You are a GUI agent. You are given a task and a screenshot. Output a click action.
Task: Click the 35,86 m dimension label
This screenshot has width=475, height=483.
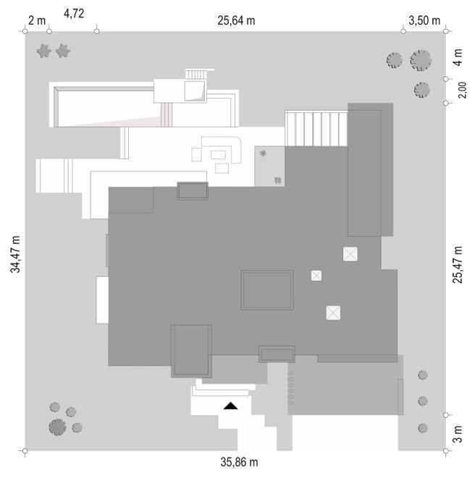[x=239, y=462]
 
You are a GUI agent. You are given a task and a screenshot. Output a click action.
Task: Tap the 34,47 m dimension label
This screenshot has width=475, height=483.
[x=15, y=254]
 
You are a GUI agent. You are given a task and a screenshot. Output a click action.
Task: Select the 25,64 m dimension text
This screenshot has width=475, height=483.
[x=236, y=21]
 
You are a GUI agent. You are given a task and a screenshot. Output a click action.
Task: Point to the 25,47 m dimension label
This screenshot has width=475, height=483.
[x=458, y=264]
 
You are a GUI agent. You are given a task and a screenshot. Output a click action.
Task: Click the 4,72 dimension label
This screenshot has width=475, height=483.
[x=74, y=14]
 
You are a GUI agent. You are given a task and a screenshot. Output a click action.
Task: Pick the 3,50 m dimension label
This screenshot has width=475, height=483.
[x=424, y=21]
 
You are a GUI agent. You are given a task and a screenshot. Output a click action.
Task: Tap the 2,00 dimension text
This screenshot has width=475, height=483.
[x=463, y=90]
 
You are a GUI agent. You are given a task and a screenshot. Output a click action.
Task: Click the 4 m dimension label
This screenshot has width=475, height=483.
[x=458, y=58]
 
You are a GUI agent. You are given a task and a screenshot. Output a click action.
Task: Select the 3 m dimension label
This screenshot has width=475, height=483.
[x=458, y=434]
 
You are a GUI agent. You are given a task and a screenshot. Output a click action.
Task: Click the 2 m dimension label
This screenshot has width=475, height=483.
[x=37, y=21]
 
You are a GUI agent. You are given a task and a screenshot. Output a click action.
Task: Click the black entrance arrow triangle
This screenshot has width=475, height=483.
[x=231, y=406]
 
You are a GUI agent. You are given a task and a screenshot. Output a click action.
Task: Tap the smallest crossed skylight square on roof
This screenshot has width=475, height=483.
[x=316, y=276]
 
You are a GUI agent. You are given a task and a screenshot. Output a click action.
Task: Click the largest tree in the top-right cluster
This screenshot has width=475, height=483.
[x=421, y=60]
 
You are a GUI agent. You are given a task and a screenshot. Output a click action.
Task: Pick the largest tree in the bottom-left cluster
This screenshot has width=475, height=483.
[x=58, y=427]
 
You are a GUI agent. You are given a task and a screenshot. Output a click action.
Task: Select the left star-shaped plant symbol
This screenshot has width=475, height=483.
[x=43, y=51]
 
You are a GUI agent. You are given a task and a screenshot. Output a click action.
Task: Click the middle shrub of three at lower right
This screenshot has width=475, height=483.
[x=423, y=401]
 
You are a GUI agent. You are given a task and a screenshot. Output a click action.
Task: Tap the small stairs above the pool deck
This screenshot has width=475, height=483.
[x=196, y=75]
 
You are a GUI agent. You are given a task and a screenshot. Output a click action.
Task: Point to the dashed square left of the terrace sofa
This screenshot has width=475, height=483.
[x=196, y=155]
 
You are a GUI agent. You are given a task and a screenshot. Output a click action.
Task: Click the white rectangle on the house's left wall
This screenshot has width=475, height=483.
[x=102, y=300]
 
